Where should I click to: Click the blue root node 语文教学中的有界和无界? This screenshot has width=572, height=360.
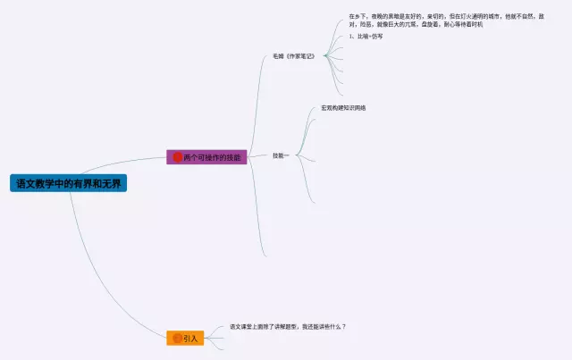pos(70,183)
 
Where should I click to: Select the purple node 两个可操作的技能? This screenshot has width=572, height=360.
pos(206,157)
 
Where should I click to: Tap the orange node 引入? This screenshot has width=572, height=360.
pos(186,339)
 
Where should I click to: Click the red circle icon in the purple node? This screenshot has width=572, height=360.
pos(177,157)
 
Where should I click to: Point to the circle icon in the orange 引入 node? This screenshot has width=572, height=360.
pos(176,339)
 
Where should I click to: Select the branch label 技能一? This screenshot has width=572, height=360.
pos(281,155)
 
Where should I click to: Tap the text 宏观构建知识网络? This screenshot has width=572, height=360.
pos(343,108)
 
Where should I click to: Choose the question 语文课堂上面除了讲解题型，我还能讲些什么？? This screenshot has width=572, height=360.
pos(287,327)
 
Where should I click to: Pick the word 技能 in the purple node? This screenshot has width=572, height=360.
pos(232,157)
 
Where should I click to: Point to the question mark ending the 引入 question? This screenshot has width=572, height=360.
pos(344,327)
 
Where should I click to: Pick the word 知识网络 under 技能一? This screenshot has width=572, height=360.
pos(355,108)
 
